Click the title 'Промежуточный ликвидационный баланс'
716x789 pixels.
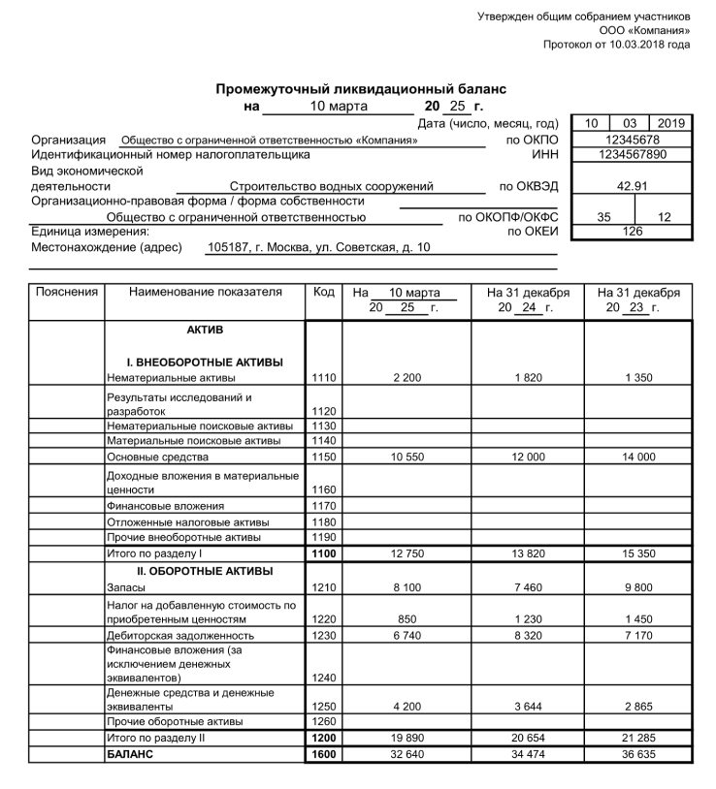tap(361, 89)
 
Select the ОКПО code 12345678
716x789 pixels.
tap(632, 140)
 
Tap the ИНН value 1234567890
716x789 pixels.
tap(632, 154)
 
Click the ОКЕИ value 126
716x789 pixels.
tap(632, 232)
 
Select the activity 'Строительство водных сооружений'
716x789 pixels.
tap(331, 186)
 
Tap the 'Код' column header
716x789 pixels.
tap(323, 292)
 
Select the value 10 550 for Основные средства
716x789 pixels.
tap(407, 457)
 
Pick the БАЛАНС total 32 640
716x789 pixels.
tap(407, 753)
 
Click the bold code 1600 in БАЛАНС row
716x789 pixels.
tap(323, 753)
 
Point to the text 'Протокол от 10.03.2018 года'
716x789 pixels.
tap(616, 45)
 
